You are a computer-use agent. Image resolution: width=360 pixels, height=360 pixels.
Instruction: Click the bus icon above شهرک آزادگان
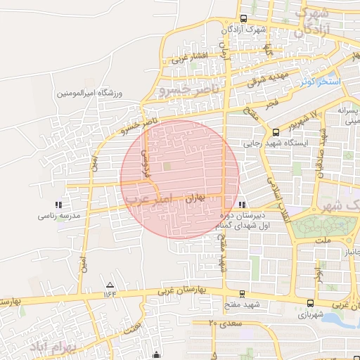point(243,19)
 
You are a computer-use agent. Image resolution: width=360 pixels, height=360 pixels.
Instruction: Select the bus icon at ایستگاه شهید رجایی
point(276,131)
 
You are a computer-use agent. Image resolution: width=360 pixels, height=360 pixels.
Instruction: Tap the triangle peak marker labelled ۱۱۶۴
point(110,285)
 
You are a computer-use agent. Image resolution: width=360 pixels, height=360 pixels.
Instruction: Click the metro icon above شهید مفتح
point(242,293)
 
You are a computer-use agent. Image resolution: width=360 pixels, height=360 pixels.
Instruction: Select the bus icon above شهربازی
point(310,303)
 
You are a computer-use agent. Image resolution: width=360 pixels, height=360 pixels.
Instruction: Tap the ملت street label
point(323,240)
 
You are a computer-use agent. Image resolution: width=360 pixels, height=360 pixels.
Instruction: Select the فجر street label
point(273,104)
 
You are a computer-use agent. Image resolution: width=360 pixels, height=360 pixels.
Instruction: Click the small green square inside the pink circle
point(167,166)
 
